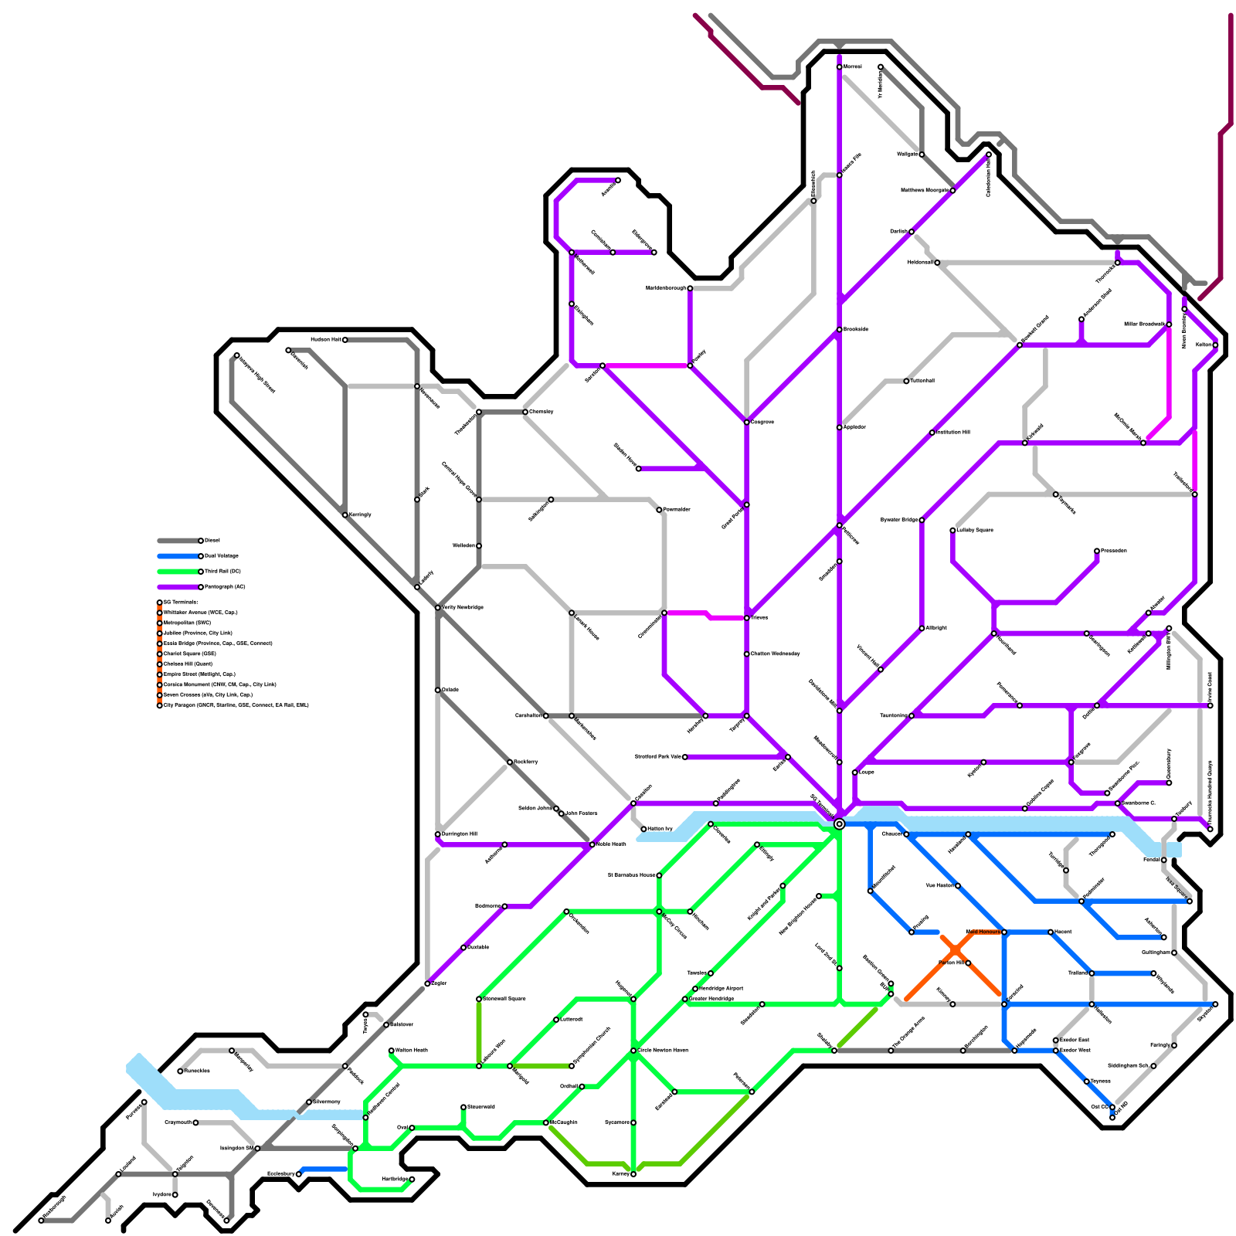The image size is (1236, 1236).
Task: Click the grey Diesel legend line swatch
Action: tap(178, 541)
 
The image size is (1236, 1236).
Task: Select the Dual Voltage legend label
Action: tap(222, 556)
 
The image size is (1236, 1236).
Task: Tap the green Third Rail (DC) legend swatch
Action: tap(178, 572)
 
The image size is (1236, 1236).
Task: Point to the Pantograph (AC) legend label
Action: tap(225, 587)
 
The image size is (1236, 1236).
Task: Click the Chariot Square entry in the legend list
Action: tap(190, 654)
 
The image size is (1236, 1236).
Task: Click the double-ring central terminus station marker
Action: tap(840, 824)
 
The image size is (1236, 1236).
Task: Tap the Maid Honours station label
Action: tap(983, 932)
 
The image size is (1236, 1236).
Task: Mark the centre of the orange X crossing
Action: tap(956, 949)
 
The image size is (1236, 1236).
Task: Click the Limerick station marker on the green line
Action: tap(556, 1020)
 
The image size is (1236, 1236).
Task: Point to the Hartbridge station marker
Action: tap(412, 1180)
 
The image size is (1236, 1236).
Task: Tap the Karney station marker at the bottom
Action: tap(633, 1174)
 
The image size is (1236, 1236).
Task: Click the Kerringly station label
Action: tap(360, 514)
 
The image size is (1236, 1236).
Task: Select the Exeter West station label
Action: tap(1075, 1051)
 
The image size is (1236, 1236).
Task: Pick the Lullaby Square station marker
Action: tap(952, 530)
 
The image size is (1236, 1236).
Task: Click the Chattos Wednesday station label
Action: tap(776, 654)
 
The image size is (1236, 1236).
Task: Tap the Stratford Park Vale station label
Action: tap(658, 757)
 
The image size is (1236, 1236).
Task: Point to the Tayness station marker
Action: tap(1087, 1081)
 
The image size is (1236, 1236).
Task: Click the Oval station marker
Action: tap(412, 1128)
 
